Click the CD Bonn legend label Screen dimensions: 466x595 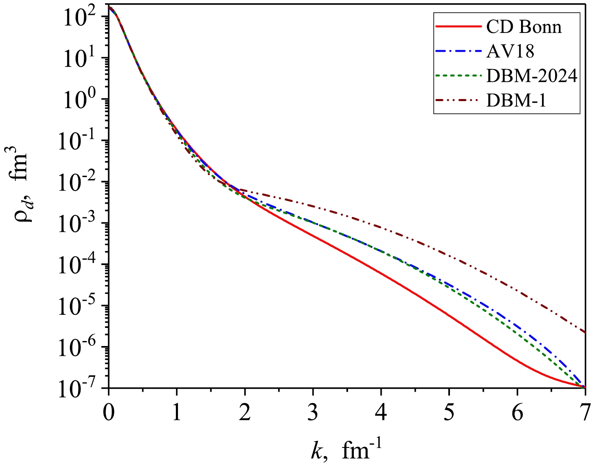pos(524,27)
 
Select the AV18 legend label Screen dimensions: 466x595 pos(510,51)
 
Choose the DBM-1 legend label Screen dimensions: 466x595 pos(516,100)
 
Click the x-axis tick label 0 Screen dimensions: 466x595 pos(108,413)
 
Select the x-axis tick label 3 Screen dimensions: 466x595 pos(313,413)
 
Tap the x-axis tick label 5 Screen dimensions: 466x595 pos(449,413)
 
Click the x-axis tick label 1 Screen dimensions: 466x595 pos(177,413)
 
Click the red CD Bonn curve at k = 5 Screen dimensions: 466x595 pos(449,316)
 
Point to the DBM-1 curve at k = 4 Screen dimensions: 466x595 pos(381,227)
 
